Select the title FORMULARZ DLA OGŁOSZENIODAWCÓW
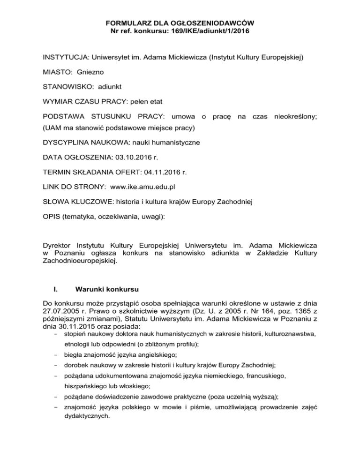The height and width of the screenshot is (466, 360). (x=180, y=22)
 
